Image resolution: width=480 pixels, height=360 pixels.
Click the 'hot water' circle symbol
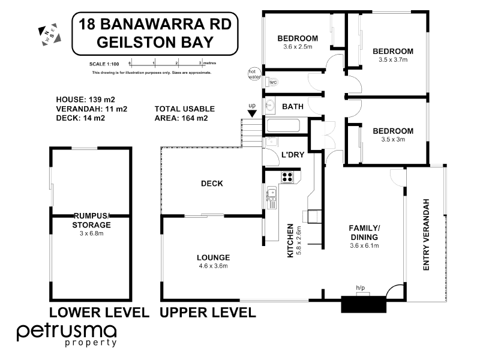pos(253,73)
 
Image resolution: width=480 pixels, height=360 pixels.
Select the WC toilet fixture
pos(271,82)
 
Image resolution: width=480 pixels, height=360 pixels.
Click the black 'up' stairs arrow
pos(253,112)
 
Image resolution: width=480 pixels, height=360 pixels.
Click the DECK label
pos(212,184)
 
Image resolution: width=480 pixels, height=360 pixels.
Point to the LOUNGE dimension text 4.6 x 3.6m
pos(213,266)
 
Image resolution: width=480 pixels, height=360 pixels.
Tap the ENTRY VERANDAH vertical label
pos(427,235)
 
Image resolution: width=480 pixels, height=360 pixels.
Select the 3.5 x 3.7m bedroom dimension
pos(392,60)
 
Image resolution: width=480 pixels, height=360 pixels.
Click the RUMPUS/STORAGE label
pos(92,221)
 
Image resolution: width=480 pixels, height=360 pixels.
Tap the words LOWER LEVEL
pos(99,312)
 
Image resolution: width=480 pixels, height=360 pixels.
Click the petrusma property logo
pos(66,334)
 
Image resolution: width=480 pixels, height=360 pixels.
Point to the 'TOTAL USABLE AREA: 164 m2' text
pos(184,113)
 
